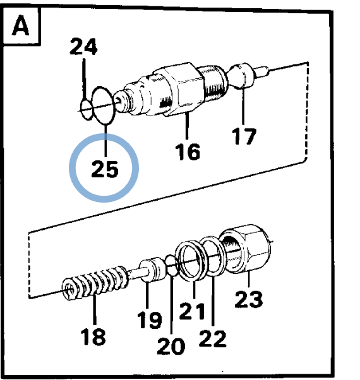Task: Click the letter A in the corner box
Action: click(20, 25)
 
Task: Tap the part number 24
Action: click(83, 46)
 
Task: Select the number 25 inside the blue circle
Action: click(105, 169)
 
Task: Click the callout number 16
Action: click(188, 151)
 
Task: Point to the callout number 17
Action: click(244, 136)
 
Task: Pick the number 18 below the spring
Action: click(93, 336)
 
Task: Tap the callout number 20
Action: click(171, 346)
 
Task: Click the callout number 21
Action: click(192, 311)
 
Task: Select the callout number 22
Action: click(212, 338)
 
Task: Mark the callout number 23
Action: click(249, 299)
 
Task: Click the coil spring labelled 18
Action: click(95, 282)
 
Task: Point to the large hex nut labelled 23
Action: click(245, 249)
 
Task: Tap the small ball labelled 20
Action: click(172, 265)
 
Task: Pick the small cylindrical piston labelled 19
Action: click(153, 270)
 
